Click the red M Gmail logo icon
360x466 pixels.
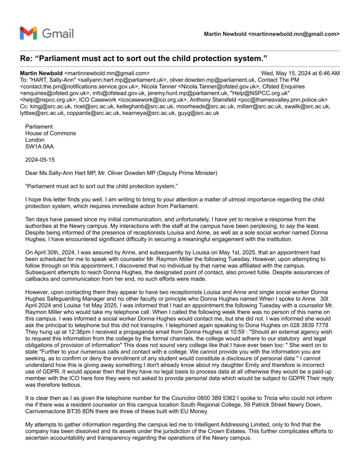click(x=28, y=33)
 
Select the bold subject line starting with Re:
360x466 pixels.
click(x=143, y=59)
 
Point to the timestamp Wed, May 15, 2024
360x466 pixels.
click(x=300, y=73)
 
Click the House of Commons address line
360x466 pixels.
click(x=51, y=133)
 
